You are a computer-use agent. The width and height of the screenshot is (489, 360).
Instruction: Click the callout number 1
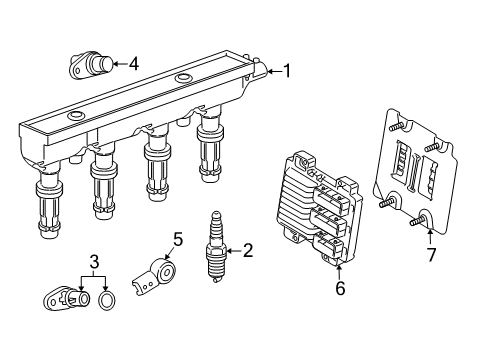(287, 70)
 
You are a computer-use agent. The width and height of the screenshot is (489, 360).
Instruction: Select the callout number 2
(247, 250)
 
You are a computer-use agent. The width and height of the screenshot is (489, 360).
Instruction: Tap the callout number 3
(93, 262)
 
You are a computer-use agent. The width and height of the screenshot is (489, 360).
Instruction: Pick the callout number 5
(177, 239)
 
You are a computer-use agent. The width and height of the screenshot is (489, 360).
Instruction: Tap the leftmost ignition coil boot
(50, 209)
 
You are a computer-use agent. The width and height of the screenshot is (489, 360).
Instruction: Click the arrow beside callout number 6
(339, 268)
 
